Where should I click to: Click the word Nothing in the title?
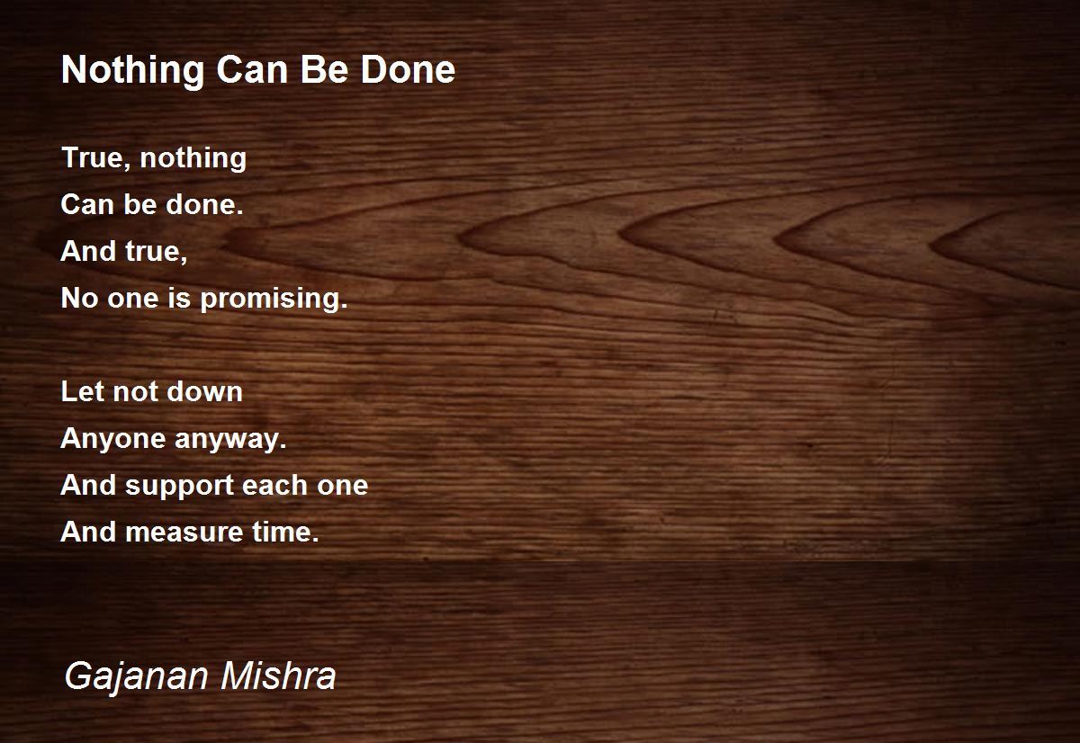point(132,71)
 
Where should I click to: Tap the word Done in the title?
point(408,69)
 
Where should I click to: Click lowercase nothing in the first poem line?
point(193,158)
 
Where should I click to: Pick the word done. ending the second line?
point(204,204)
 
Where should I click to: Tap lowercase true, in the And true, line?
point(157,252)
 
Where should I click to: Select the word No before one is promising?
point(79,298)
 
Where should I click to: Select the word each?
point(274,485)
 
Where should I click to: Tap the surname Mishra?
point(278,676)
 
